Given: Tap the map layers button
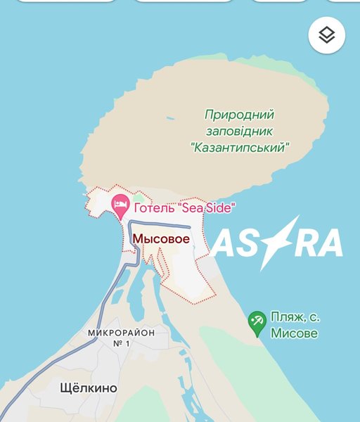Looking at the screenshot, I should [326, 36].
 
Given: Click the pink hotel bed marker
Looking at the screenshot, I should [121, 205].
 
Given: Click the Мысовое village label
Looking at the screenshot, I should [161, 239].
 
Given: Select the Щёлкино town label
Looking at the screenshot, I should [89, 388].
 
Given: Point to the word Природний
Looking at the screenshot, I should [239, 114].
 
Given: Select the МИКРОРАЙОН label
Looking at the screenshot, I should [121, 332].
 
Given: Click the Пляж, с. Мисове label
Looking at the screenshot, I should [294, 325].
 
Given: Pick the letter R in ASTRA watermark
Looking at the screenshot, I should [299, 243].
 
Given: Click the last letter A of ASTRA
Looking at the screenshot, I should [328, 243].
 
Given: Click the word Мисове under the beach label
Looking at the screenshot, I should [294, 333].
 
